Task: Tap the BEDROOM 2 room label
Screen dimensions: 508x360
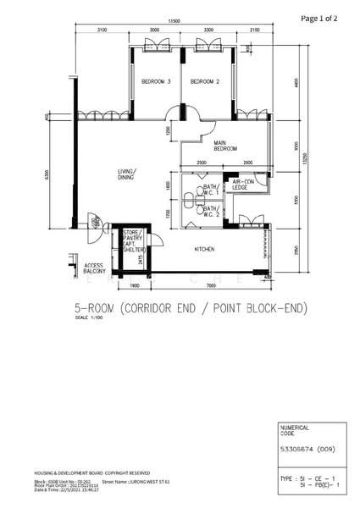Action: (x=205, y=81)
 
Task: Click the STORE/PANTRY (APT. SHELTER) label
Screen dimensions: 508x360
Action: (x=132, y=240)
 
